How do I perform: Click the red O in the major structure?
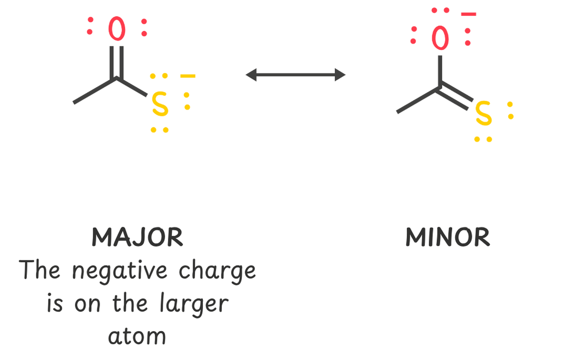pyautogui.click(x=117, y=29)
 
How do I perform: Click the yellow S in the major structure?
pyautogui.click(x=160, y=105)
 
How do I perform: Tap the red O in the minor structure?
pyautogui.click(x=440, y=38)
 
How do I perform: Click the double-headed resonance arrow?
pyautogui.click(x=295, y=75)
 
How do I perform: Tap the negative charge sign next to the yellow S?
pyautogui.click(x=187, y=77)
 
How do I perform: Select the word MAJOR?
pyautogui.click(x=137, y=238)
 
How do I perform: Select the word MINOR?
pyautogui.click(x=448, y=238)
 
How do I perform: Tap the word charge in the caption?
pyautogui.click(x=217, y=272)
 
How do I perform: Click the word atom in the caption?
pyautogui.click(x=137, y=336)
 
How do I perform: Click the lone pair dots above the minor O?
pyautogui.click(x=440, y=11)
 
